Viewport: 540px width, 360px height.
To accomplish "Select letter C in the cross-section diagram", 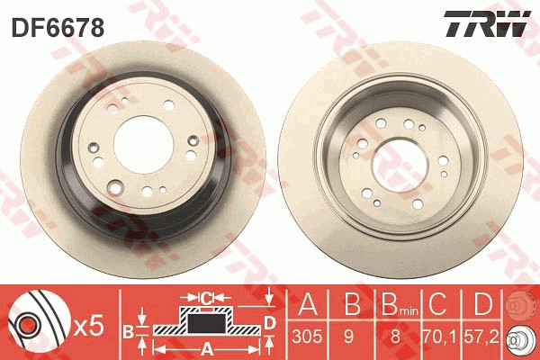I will (204, 297).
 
